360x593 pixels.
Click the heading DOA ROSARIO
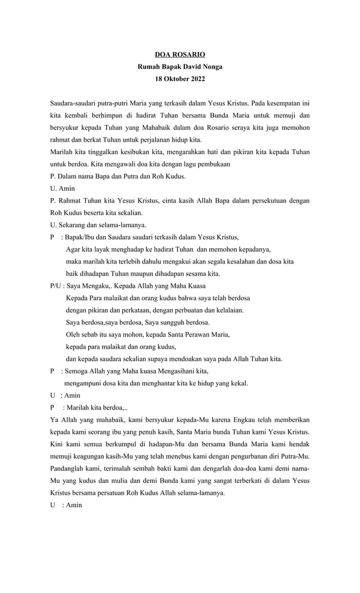180,55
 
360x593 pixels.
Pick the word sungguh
168,323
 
